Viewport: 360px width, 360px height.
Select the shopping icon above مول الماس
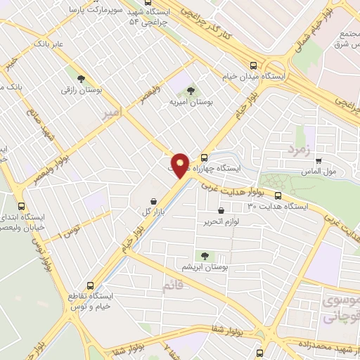(318, 160)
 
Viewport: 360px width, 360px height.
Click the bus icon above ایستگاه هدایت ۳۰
(278, 196)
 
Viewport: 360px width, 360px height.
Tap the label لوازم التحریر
(221, 221)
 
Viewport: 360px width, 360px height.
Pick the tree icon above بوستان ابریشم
(205, 257)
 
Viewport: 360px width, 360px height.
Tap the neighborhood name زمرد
(279, 149)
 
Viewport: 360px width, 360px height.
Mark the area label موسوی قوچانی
(340, 308)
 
